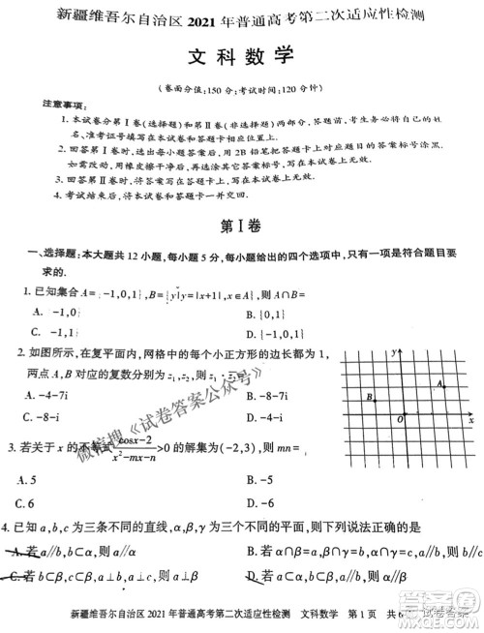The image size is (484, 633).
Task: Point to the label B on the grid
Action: tap(370, 396)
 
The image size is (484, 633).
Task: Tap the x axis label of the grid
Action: tap(470, 422)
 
